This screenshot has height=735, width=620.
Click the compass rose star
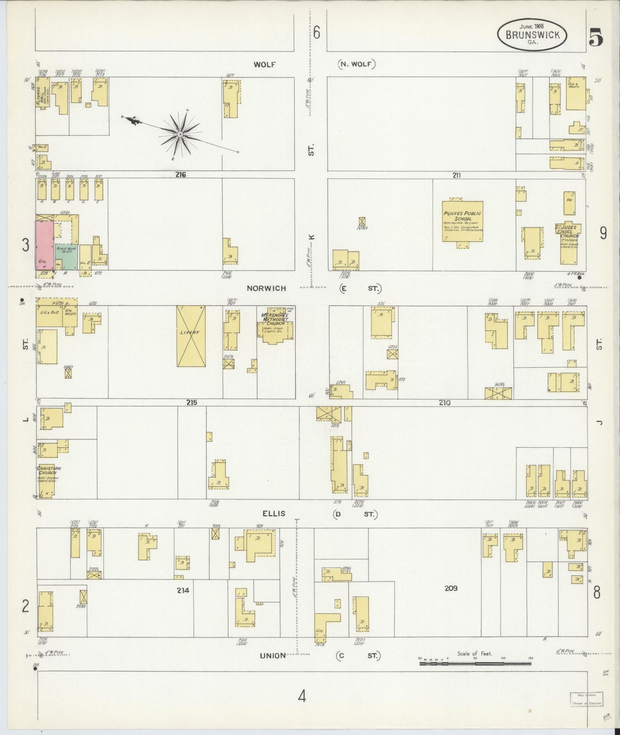(x=181, y=135)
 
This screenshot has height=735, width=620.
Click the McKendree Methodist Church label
(x=275, y=320)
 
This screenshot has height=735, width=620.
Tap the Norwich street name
(x=266, y=288)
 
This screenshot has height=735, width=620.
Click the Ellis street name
(x=274, y=513)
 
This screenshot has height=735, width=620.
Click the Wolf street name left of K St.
(x=264, y=64)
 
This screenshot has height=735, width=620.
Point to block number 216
(x=180, y=175)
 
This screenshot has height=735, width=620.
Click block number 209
(x=451, y=588)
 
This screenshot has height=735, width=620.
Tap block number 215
(x=191, y=402)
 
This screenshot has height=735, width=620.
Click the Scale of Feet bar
(x=475, y=663)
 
